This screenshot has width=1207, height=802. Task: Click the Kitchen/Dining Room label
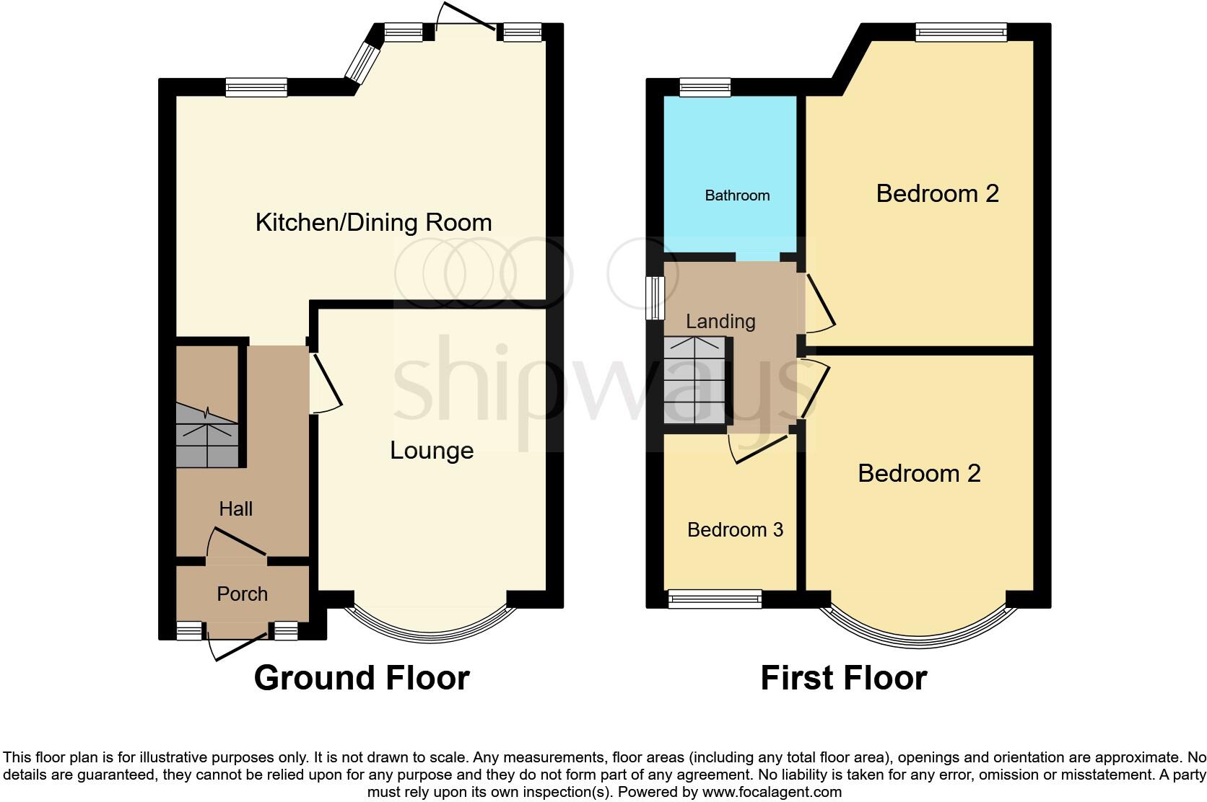click(x=373, y=222)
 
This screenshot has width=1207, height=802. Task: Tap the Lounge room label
click(x=432, y=450)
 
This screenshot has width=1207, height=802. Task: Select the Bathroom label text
click(x=737, y=195)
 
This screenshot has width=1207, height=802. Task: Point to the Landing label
click(x=720, y=321)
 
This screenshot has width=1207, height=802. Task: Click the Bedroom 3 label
click(x=735, y=530)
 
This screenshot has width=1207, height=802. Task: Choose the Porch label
click(x=242, y=594)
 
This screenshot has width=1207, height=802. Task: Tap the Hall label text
click(x=235, y=509)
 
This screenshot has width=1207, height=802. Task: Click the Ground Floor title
click(x=362, y=678)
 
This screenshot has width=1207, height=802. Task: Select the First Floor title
click(x=843, y=678)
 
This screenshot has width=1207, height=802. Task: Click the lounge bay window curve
click(x=431, y=635)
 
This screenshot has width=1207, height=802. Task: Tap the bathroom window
click(x=705, y=88)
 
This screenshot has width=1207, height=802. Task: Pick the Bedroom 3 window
click(x=715, y=599)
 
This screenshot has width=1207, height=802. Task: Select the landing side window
click(x=655, y=298)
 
